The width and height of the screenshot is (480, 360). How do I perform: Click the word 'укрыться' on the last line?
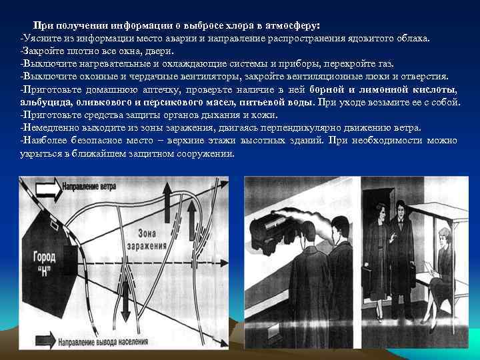click(x=39, y=153)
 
